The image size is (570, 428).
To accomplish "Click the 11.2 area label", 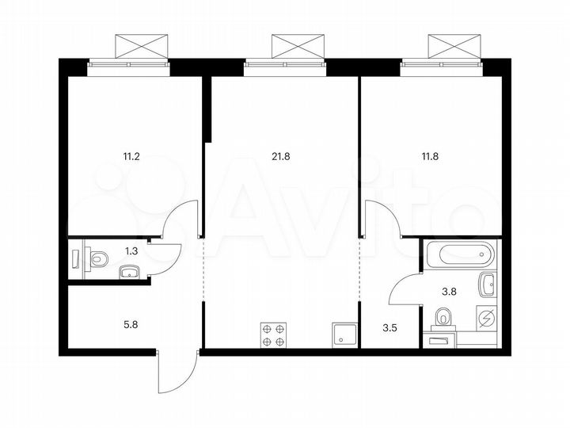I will pos(131,156).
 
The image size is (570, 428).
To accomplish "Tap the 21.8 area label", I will pos(281,156).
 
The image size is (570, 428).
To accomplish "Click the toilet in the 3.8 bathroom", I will pos(443,319).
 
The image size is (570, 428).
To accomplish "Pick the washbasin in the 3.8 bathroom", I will pos(488,282).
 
